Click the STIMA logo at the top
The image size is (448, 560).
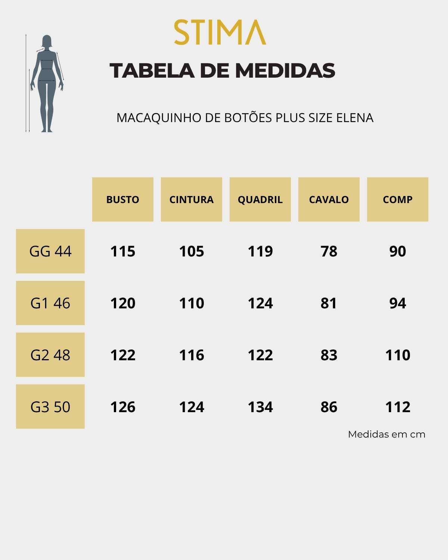[220, 32]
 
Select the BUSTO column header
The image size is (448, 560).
[122, 199]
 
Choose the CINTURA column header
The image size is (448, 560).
[191, 199]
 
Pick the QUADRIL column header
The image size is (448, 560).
[260, 199]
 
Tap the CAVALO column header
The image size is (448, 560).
[329, 199]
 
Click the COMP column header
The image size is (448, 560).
[397, 199]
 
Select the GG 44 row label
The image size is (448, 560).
[50, 251]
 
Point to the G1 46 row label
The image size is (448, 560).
[50, 303]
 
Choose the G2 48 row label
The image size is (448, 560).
[50, 355]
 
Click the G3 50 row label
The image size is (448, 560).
[50, 407]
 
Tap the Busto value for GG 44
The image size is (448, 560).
[122, 251]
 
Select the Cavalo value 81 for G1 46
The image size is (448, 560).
[329, 303]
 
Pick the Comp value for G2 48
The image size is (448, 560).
[397, 355]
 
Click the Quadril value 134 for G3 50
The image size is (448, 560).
[260, 407]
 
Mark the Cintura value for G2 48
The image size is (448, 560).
[192, 355]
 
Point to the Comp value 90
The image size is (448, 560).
[397, 251]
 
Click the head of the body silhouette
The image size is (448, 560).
[47, 41]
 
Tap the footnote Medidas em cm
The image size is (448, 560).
[386, 434]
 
